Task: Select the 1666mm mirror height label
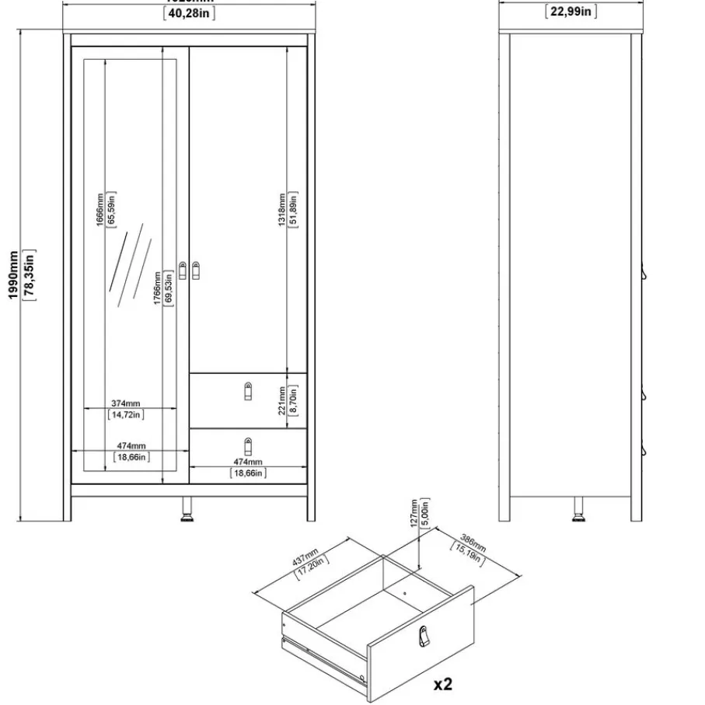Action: pos(99,208)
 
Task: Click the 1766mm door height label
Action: pos(157,288)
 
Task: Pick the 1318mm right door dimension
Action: pos(282,208)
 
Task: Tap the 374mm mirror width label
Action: pos(125,403)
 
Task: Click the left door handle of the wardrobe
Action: pos(183,270)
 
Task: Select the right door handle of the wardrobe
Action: pos(195,270)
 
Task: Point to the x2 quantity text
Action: pos(442,684)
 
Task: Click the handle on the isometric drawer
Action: pos(423,637)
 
